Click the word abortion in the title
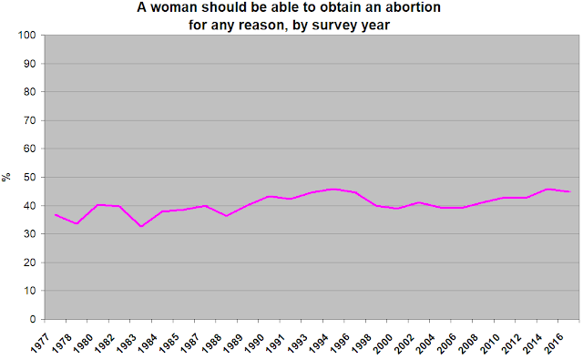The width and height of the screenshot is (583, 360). [x=414, y=7]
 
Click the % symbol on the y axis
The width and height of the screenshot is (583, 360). [x=6, y=177]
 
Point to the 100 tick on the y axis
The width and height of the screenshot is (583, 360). [x=27, y=35]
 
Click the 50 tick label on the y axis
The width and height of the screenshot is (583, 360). [x=30, y=177]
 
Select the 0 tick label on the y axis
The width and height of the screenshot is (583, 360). [x=33, y=319]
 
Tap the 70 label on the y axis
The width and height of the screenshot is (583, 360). [x=30, y=120]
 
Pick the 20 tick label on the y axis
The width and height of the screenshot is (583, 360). [x=30, y=262]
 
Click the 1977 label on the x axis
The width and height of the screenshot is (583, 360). [x=40, y=343]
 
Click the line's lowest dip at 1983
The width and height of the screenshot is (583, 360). [x=141, y=226]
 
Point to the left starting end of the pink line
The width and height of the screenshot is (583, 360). [x=55, y=214]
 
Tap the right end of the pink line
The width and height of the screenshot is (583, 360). [x=570, y=191]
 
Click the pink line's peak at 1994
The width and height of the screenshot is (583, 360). [x=333, y=189]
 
